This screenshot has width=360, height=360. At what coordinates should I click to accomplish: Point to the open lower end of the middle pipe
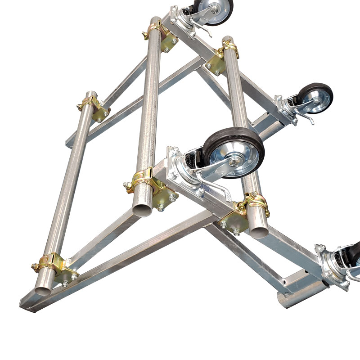[x=143, y=210]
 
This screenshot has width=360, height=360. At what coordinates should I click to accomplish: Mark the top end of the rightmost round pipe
[x=228, y=40]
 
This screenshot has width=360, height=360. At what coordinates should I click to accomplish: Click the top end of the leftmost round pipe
[x=90, y=95]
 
